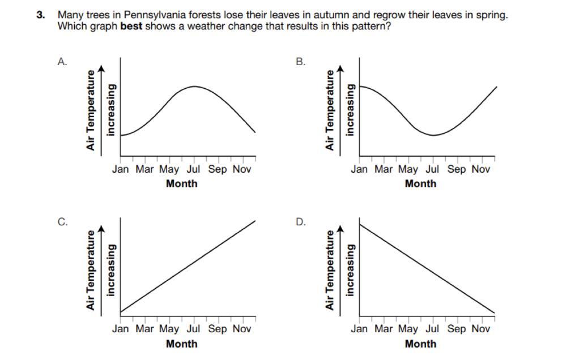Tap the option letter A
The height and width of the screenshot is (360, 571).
[62, 63]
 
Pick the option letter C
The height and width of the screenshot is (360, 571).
[62, 222]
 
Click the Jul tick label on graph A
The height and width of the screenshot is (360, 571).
[193, 169]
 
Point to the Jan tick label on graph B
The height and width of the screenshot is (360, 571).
[359, 169]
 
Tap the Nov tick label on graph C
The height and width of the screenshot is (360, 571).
[242, 328]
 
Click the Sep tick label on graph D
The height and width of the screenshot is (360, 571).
[457, 328]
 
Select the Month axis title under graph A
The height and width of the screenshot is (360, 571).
[182, 183]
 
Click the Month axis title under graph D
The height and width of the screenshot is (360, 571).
[421, 344]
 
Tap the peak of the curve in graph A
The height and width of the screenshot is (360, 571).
[194, 87]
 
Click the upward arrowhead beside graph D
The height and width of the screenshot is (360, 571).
[340, 228]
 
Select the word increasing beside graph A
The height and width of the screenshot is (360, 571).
[111, 110]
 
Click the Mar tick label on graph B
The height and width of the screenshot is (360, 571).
[383, 169]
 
